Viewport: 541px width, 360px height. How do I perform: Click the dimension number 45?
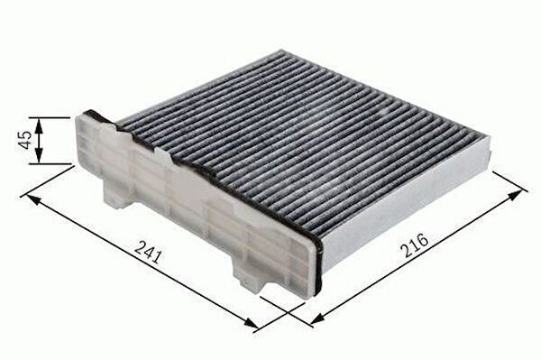point(26,140)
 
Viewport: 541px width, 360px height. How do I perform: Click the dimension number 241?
point(149,252)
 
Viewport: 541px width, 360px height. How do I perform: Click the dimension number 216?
point(416,245)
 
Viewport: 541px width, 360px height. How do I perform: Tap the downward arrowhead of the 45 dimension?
point(39,156)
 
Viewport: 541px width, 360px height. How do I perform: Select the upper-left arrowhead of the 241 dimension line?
point(33,200)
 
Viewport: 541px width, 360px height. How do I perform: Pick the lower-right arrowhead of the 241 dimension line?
point(251,323)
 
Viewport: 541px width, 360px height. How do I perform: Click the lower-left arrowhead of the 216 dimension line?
point(317,320)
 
